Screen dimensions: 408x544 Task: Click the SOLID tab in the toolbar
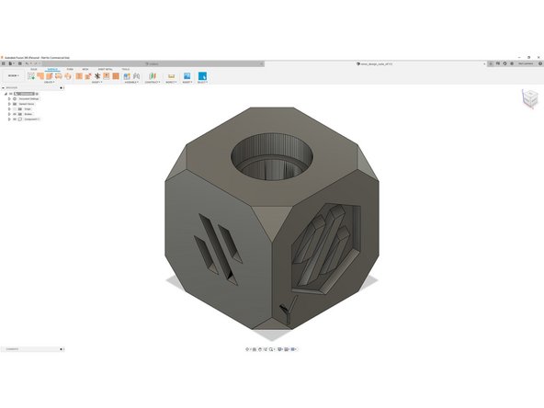pyautogui.click(x=34, y=69)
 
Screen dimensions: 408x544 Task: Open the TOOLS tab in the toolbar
pyautogui.click(x=126, y=69)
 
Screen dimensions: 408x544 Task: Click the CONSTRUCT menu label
pyautogui.click(x=153, y=82)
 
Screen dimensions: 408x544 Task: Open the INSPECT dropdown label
pyautogui.click(x=171, y=82)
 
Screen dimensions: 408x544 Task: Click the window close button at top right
pyautogui.click(x=538, y=56)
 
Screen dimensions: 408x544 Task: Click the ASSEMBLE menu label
pyautogui.click(x=132, y=82)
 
